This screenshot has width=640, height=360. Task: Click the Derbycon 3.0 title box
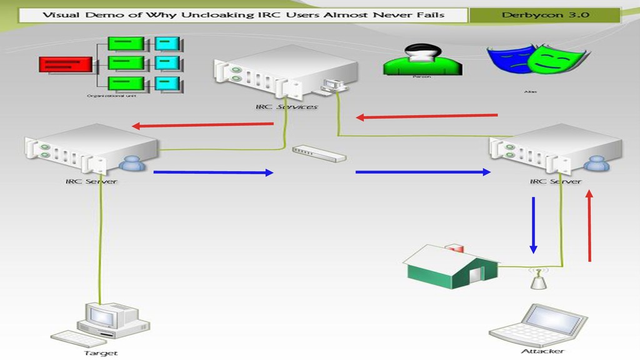click(x=545, y=16)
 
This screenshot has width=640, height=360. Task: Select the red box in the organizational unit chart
click(x=65, y=64)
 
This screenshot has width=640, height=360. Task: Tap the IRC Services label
click(x=286, y=107)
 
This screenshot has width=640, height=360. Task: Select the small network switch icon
click(x=318, y=154)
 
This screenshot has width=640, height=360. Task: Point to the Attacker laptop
click(x=537, y=324)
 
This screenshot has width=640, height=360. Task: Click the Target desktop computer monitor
click(x=102, y=316)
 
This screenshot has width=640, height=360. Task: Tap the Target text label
click(x=101, y=353)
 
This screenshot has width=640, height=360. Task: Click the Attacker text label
click(x=542, y=351)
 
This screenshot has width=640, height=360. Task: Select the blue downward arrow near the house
click(x=533, y=225)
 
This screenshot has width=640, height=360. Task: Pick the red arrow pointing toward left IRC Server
click(x=202, y=125)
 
